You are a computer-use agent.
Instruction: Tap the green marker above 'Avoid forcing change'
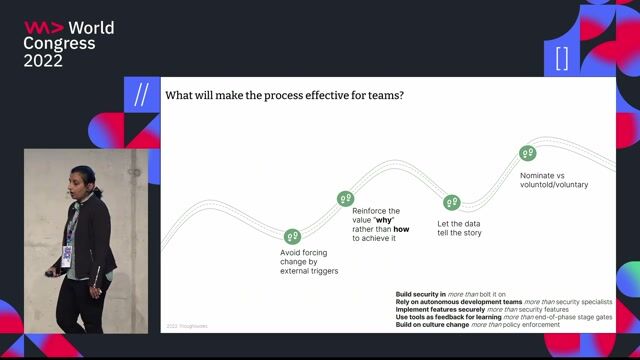(x=292, y=236)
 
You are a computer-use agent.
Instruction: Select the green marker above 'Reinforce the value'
(x=346, y=199)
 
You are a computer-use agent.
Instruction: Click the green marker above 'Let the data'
(x=452, y=203)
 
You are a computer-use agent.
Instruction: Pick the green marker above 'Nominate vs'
(x=528, y=154)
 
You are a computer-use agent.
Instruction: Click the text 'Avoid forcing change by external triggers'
(x=308, y=262)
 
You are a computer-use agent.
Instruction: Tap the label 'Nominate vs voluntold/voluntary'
(x=553, y=179)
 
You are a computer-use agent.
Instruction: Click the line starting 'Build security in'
(x=450, y=294)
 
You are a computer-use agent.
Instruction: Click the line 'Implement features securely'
(x=470, y=309)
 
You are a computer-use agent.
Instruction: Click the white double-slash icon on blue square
(x=140, y=95)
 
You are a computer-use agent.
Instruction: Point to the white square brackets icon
(x=561, y=58)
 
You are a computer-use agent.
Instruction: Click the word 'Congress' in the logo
(x=60, y=43)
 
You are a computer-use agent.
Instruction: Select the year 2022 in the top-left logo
(x=44, y=60)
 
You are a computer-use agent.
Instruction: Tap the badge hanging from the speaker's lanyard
(x=67, y=254)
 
